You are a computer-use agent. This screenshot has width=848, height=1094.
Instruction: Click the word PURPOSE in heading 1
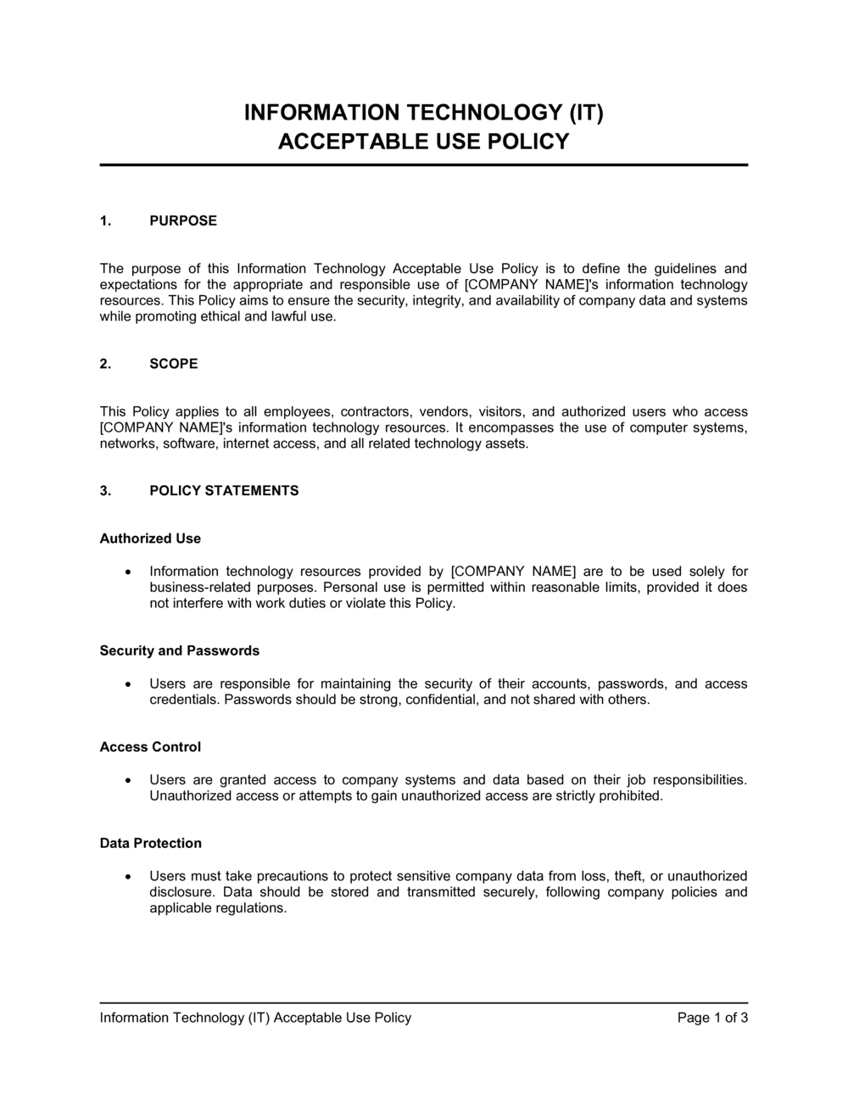point(183,220)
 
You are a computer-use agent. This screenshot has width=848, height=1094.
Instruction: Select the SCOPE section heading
point(174,364)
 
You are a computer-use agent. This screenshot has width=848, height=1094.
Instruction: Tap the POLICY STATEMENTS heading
point(224,491)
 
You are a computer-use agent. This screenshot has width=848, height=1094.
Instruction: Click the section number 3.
point(105,491)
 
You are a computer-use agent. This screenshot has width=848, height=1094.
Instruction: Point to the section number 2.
point(105,364)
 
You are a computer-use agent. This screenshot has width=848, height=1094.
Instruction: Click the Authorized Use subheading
point(150,539)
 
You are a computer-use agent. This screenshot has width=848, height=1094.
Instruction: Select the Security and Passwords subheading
point(180,651)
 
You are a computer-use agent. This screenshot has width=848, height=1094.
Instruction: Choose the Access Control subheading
point(150,747)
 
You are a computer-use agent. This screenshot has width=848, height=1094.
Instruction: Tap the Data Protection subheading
point(151,844)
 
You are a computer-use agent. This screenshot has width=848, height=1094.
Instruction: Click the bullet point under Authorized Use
point(128,572)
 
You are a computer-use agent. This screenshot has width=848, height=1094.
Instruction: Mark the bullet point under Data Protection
point(128,877)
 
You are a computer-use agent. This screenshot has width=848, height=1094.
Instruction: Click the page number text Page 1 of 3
point(712,1018)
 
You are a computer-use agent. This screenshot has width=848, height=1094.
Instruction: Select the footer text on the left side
point(255,1018)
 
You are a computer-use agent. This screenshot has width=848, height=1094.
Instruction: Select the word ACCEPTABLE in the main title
point(351,142)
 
